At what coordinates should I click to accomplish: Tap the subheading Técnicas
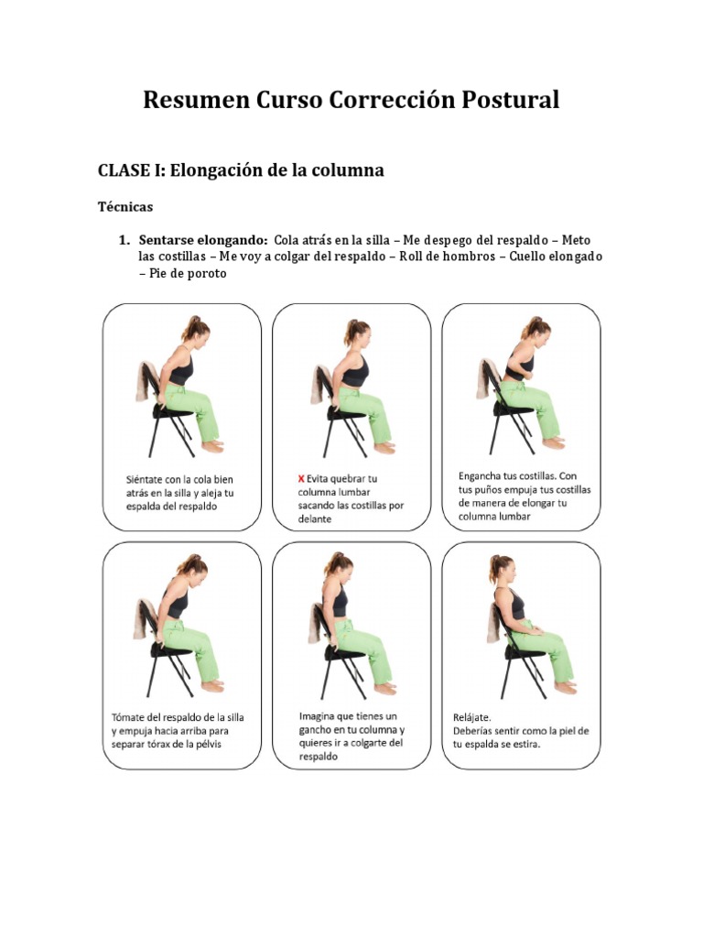point(125,207)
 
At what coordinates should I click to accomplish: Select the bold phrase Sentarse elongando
point(203,240)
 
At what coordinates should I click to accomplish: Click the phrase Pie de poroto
point(182,273)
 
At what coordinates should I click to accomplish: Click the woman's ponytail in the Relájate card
point(494,570)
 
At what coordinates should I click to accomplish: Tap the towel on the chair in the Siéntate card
point(146,383)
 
